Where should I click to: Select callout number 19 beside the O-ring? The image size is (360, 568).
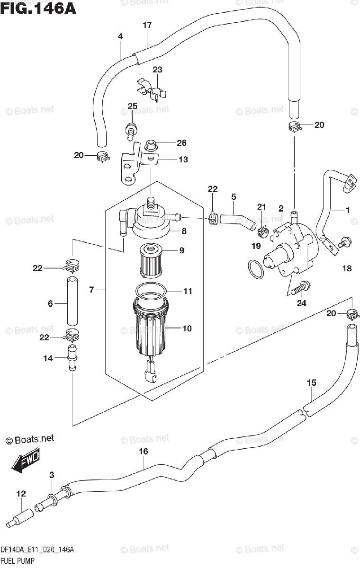point(256,246)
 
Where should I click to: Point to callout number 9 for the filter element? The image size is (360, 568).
point(181,250)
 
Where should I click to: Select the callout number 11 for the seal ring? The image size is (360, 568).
point(188,291)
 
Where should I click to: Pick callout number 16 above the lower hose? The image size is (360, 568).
point(143,452)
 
